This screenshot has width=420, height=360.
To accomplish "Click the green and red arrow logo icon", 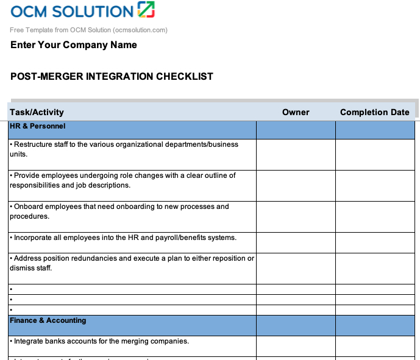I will coord(146,10).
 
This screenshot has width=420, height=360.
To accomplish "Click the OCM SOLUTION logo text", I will coord(71,11).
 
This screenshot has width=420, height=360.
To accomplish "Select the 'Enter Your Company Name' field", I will coord(74,45).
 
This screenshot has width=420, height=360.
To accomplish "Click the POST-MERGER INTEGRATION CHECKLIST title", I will coord(112,77).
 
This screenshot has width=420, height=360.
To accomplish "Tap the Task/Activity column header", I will coord(37,112).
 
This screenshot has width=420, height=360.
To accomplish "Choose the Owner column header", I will coord(296,112).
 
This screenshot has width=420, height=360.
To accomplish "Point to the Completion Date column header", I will coord(374,112).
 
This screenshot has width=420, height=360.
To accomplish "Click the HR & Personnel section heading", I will coord(38,126).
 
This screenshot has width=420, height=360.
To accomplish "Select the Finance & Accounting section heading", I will coord(48,320).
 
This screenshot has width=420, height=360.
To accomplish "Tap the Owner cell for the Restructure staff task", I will coord(296,155).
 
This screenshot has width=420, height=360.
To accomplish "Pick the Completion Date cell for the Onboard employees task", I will coord(375,216).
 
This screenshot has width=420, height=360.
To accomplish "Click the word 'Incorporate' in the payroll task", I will coord(34,238).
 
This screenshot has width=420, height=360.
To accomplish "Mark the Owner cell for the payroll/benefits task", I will coord(296,242).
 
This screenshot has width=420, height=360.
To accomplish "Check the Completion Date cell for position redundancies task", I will coord(375,268).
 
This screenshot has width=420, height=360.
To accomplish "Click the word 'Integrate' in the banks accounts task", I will coord(30,341).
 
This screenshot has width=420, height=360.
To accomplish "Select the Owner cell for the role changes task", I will coord(296,185).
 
